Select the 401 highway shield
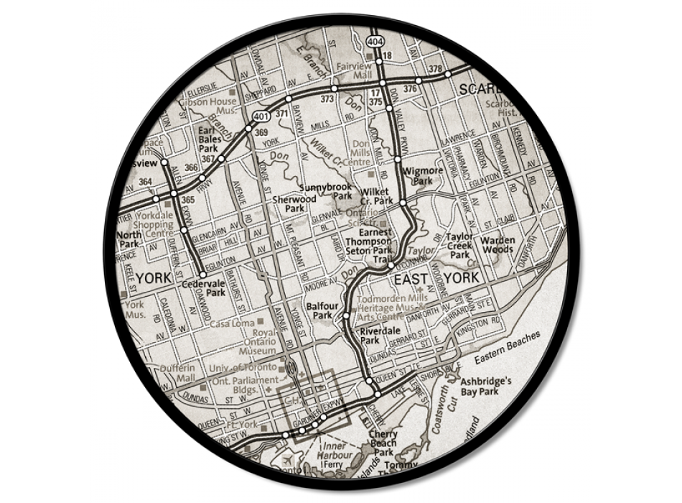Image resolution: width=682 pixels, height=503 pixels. point(259,115)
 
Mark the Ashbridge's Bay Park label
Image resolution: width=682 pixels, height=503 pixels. point(485,387)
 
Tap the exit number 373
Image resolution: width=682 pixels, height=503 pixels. point(327,99)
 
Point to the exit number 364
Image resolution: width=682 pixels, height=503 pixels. point(146,181)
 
